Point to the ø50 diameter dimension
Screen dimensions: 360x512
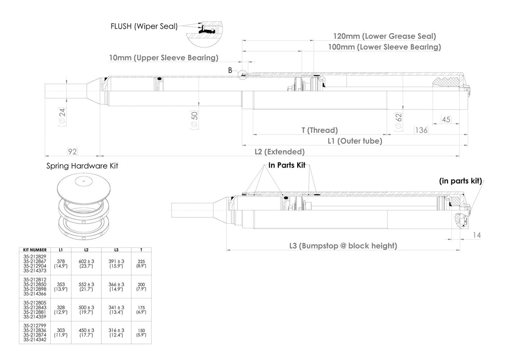click(193, 119)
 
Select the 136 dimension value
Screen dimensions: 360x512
click(421, 130)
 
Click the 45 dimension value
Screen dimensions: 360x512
click(446, 119)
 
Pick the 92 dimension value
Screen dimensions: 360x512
click(72, 152)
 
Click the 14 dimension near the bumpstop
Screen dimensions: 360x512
click(477, 234)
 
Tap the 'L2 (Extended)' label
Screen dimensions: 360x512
click(280, 152)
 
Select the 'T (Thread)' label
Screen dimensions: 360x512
click(320, 130)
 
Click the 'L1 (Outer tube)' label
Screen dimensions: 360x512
click(355, 141)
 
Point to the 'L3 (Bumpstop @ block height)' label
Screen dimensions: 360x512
click(343, 245)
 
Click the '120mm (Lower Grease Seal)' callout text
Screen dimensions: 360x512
click(384, 36)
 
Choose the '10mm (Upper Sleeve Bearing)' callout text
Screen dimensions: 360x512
click(164, 58)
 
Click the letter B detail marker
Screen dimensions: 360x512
click(230, 70)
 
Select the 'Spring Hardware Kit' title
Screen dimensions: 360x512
click(82, 166)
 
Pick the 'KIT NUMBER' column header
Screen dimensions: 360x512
click(35, 250)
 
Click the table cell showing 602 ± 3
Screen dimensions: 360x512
click(86, 261)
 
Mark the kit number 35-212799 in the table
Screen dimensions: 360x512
click(35, 325)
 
